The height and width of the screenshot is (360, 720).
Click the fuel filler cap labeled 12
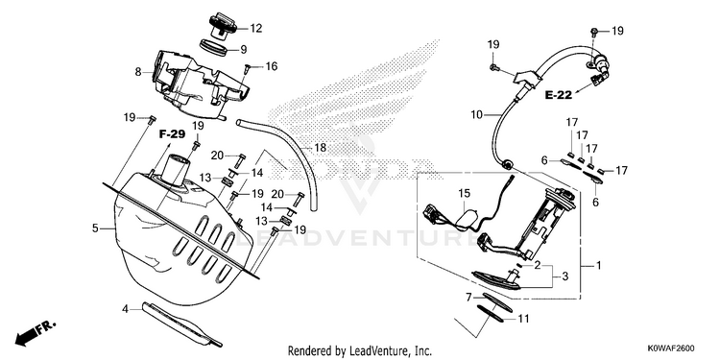(223, 27)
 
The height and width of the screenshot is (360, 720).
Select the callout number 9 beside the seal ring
(244, 49)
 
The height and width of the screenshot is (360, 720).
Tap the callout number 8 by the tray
(137, 72)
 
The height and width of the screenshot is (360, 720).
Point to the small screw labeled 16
(247, 68)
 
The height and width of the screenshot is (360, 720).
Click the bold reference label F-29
(172, 134)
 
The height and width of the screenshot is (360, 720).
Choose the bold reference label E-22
(559, 95)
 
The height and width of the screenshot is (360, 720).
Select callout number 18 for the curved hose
(320, 148)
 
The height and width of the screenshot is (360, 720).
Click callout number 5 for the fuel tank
(95, 228)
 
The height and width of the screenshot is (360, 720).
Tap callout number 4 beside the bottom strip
(125, 309)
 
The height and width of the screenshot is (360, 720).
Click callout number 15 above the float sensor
(465, 194)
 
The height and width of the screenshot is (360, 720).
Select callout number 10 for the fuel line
(476, 114)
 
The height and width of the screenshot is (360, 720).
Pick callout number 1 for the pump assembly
(598, 265)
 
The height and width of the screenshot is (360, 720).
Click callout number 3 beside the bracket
(564, 276)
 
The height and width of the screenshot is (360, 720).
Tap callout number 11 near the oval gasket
(523, 318)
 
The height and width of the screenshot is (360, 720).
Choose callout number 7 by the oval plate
(468, 298)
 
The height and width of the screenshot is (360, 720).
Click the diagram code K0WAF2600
(671, 348)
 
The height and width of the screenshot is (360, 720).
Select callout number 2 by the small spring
(537, 265)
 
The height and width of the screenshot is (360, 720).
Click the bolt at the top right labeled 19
(594, 32)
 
